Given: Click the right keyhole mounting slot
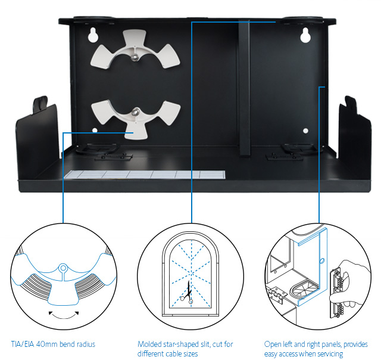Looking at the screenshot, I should (x=305, y=36).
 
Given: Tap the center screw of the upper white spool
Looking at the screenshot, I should (x=136, y=56).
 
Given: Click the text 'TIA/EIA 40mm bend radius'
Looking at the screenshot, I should (x=53, y=345).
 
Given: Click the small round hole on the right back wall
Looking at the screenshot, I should (x=305, y=131).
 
